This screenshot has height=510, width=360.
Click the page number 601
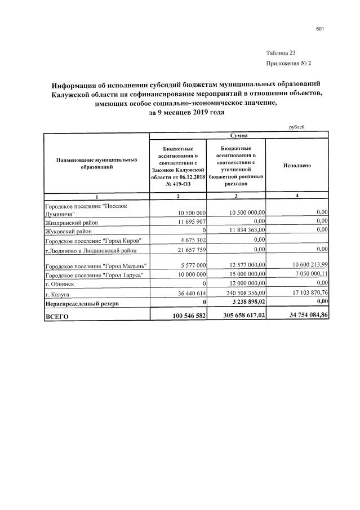(x=319, y=29)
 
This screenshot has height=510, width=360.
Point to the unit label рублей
(x=297, y=127)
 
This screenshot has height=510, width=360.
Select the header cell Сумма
(x=238, y=136)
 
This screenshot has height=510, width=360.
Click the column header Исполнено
(x=296, y=166)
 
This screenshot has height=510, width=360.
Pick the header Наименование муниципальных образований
(x=96, y=164)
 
